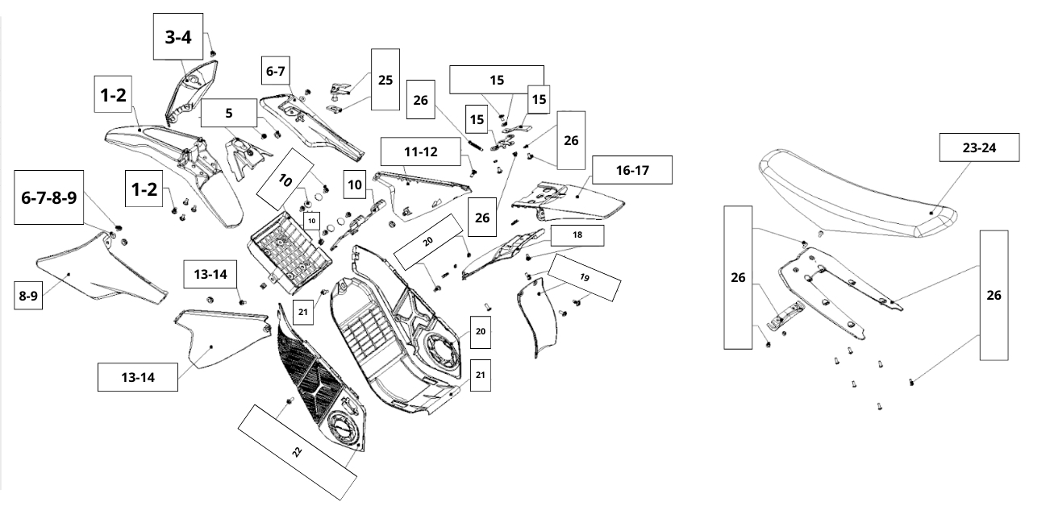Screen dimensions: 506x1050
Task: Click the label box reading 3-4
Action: (x=177, y=36)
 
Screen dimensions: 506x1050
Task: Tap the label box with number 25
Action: (x=385, y=80)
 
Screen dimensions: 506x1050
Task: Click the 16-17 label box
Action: (x=631, y=170)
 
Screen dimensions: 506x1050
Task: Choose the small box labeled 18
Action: (x=577, y=234)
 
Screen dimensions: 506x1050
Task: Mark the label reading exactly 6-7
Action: (x=275, y=72)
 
